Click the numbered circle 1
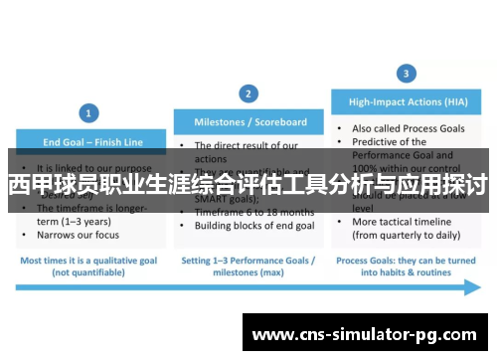pyautogui.click(x=90, y=112)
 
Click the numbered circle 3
pyautogui.click(x=406, y=73)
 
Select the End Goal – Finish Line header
pyautogui.click(x=90, y=140)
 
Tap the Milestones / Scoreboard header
pyautogui.click(x=248, y=122)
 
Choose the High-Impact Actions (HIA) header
pyautogui.click(x=407, y=100)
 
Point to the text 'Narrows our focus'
pyautogui.click(x=77, y=235)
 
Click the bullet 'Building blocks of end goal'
pyautogui.click(x=253, y=226)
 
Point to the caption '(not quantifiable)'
pyautogui.click(x=90, y=270)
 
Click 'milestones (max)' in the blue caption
pyautogui.click(x=248, y=270)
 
